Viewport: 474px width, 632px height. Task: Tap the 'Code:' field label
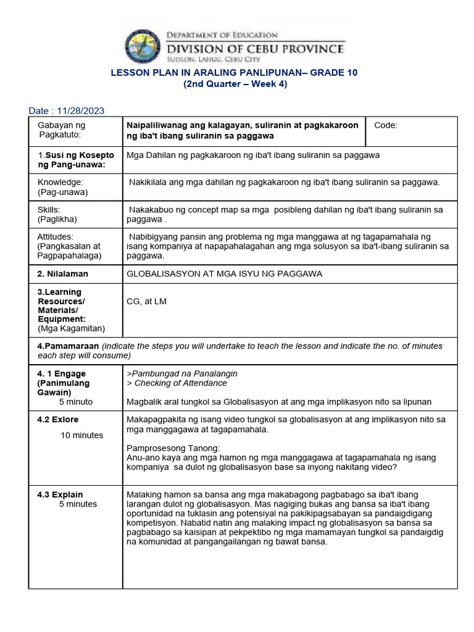point(386,125)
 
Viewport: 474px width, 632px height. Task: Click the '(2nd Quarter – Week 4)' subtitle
point(234,85)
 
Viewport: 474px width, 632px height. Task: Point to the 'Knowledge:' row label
point(60,182)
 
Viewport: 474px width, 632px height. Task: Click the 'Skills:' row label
point(49,210)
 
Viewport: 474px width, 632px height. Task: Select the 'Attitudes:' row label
point(56,236)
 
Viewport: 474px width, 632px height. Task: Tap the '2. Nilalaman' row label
point(63,273)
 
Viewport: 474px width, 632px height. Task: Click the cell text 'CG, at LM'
point(146,301)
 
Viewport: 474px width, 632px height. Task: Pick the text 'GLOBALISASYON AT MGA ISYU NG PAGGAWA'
point(224,273)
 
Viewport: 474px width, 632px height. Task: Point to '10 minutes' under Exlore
point(81,435)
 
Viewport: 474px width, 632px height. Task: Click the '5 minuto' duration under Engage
point(76,402)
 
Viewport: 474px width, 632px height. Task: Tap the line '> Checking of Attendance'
point(168,383)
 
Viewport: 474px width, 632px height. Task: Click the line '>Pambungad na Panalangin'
point(181,373)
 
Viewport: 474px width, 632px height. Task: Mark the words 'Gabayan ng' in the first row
point(59,125)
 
